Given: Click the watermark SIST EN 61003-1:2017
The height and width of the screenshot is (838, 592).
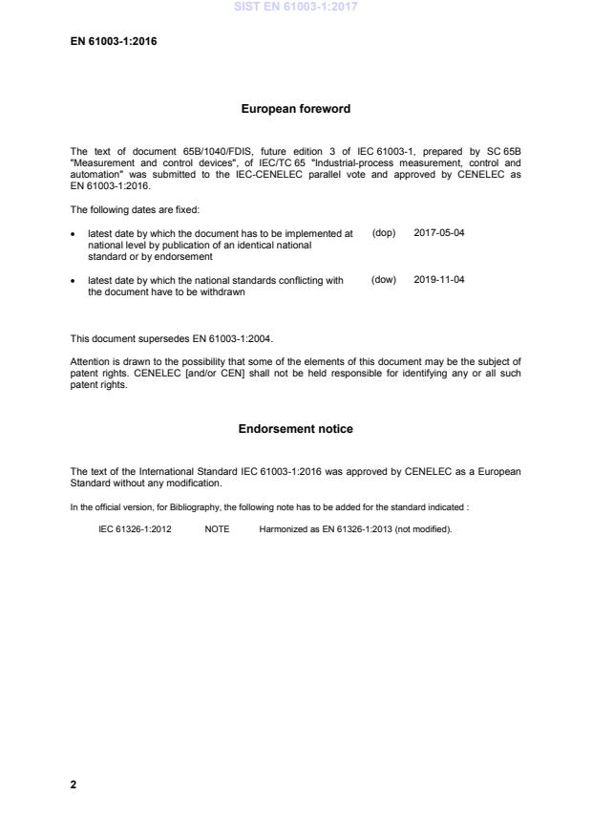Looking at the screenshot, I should [x=295, y=8].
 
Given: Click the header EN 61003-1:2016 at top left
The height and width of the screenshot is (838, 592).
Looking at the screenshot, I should [x=108, y=42].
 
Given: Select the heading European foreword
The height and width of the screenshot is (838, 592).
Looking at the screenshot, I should [x=295, y=109].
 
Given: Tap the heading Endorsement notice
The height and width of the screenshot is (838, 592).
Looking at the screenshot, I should [x=295, y=429].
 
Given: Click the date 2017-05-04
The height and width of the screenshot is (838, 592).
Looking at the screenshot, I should [x=439, y=233].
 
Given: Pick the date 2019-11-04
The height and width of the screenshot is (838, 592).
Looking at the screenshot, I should [x=439, y=280].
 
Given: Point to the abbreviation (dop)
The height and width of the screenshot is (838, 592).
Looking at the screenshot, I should [x=384, y=233].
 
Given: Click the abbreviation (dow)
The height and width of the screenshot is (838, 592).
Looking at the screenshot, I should [x=384, y=280].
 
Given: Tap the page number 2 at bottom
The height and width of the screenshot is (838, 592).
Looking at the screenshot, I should [x=74, y=785].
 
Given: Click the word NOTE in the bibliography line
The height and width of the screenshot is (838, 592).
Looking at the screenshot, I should [x=217, y=528].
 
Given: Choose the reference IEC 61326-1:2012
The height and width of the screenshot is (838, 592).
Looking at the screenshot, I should [x=135, y=528].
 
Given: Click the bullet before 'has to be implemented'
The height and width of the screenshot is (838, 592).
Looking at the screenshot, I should [x=74, y=234].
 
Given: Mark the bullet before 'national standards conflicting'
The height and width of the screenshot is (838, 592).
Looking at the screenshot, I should [x=74, y=281].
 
